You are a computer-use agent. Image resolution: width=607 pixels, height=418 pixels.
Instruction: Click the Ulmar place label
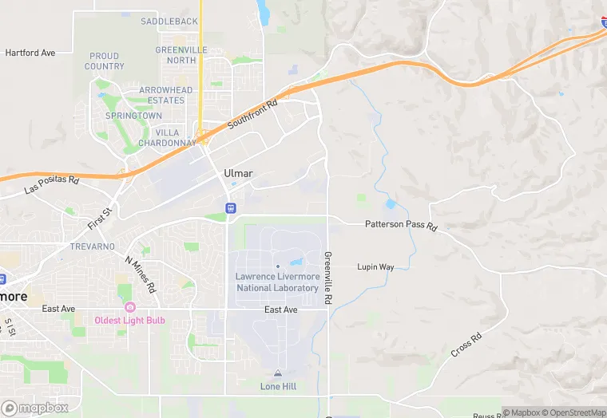(x=239, y=173)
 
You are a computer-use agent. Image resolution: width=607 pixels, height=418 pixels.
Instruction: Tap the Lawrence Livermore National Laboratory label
(x=277, y=282)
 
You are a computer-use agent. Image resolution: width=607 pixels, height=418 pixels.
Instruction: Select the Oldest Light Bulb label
(x=129, y=320)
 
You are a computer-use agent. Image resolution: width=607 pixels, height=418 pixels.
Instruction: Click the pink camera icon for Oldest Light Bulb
(x=129, y=307)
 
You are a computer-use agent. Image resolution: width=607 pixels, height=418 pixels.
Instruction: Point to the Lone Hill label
(x=278, y=386)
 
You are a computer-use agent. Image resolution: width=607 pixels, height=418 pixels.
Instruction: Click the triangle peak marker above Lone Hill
(x=278, y=373)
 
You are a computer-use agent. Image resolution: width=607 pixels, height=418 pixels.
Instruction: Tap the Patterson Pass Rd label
(x=401, y=226)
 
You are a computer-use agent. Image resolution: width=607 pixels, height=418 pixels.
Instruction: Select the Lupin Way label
(x=375, y=267)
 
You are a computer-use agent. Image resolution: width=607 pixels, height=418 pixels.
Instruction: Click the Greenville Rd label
(x=327, y=278)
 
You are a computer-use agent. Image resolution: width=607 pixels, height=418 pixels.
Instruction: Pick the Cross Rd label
(x=466, y=344)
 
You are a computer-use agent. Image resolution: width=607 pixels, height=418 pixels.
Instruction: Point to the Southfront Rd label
(x=252, y=115)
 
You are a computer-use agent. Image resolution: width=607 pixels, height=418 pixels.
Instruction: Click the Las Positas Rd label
(x=53, y=185)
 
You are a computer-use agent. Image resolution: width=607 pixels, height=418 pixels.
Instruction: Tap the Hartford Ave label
(x=30, y=53)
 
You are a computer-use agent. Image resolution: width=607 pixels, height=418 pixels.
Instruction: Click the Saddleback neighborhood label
(x=169, y=21)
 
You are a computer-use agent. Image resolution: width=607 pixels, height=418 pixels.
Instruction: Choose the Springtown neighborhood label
(x=134, y=116)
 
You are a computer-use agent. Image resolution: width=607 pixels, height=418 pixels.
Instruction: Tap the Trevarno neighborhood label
(x=92, y=246)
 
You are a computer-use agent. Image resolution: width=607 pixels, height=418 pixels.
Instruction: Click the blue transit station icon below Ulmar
(x=231, y=208)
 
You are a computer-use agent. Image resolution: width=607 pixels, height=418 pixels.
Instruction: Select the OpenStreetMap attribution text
(x=573, y=412)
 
